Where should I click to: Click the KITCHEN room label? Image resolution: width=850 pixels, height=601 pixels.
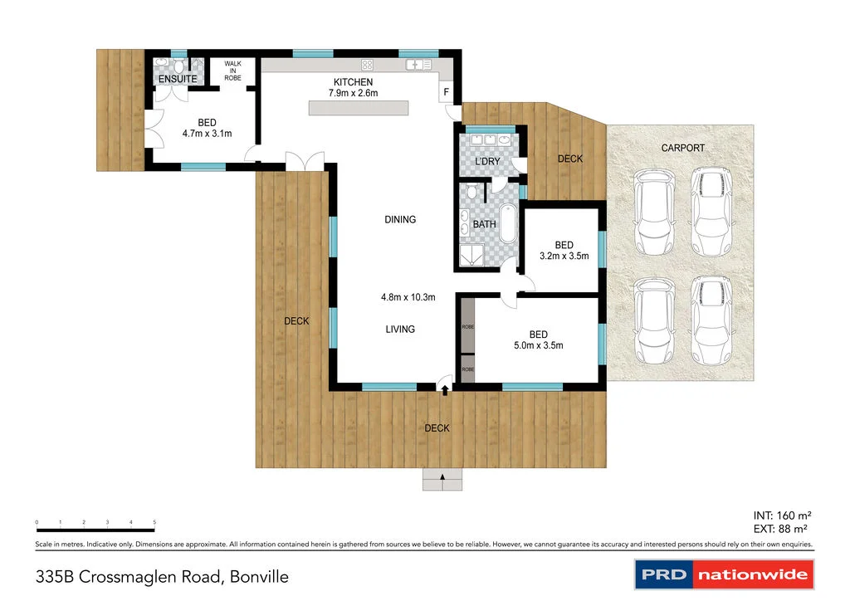pos(353,82)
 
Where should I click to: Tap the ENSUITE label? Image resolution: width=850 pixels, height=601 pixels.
pos(178,79)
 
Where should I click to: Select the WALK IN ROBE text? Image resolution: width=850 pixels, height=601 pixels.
pos(232,71)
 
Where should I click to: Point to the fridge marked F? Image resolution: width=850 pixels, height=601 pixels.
pos(447,92)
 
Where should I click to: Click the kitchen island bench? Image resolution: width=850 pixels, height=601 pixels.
pos(359,109)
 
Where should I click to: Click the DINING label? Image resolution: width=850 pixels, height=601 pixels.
pos(400,220)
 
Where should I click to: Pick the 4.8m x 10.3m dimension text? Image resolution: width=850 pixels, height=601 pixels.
pos(408,297)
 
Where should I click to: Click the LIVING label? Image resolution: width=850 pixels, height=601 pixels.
pos(400,330)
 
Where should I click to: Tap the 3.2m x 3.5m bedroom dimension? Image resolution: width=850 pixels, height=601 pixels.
pos(564,257)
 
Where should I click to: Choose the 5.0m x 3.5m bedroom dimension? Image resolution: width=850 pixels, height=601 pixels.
pos(539,345)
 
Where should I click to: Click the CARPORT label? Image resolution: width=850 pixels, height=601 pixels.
pos(682,149)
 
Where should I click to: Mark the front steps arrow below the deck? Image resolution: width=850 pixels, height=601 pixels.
pos(442,477)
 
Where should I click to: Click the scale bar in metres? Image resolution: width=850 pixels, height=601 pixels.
pos(95,529)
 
